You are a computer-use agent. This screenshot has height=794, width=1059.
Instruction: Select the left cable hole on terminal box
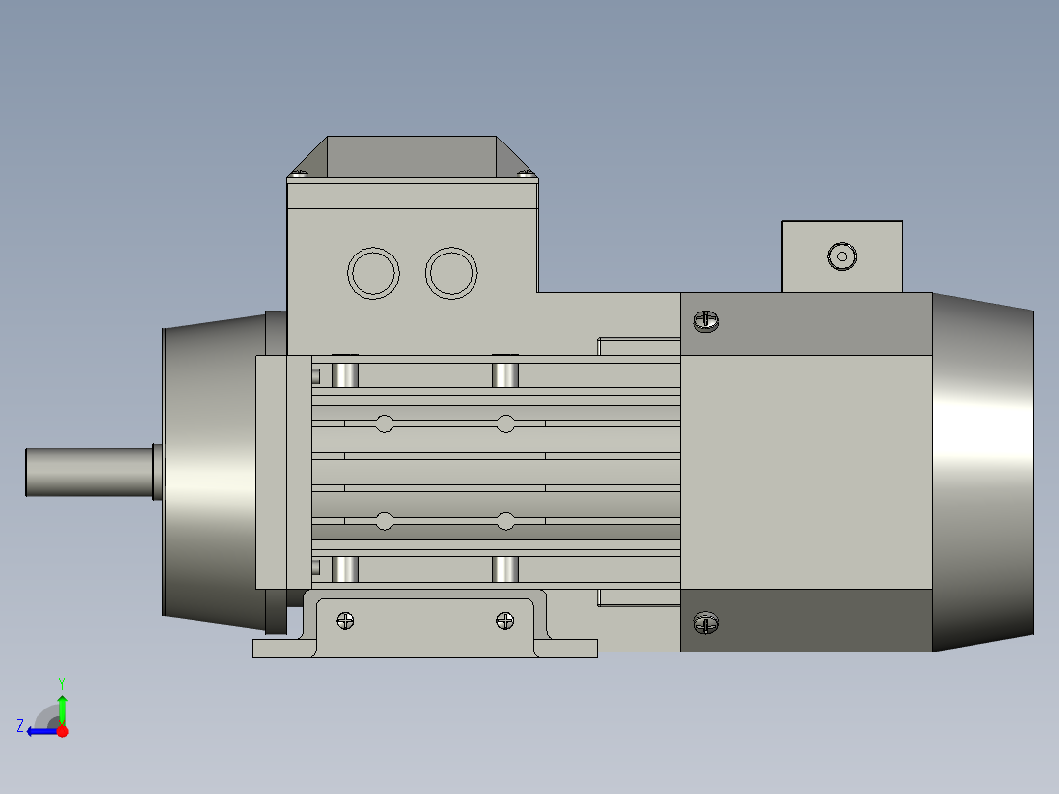(373, 273)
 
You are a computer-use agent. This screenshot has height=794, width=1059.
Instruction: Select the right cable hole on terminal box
(452, 273)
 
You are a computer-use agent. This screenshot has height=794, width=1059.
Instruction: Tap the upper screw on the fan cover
(706, 320)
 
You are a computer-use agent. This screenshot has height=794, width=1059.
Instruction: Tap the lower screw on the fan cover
(706, 622)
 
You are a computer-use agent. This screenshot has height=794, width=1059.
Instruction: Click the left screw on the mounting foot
(345, 620)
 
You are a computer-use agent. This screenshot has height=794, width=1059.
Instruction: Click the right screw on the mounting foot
(505, 620)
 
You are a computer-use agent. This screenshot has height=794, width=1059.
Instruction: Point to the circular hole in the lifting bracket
(842, 256)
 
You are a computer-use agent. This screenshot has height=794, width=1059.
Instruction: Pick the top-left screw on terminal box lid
(300, 175)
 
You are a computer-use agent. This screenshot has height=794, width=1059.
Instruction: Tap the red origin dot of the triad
(62, 731)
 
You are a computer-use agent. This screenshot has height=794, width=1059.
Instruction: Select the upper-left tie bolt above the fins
(345, 373)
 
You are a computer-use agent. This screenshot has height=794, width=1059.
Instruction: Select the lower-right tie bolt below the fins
(505, 569)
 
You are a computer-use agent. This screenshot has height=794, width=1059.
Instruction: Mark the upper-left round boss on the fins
(384, 424)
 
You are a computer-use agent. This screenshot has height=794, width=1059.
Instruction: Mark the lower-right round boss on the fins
(505, 521)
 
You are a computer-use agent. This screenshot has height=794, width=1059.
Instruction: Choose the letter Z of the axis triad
(20, 725)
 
